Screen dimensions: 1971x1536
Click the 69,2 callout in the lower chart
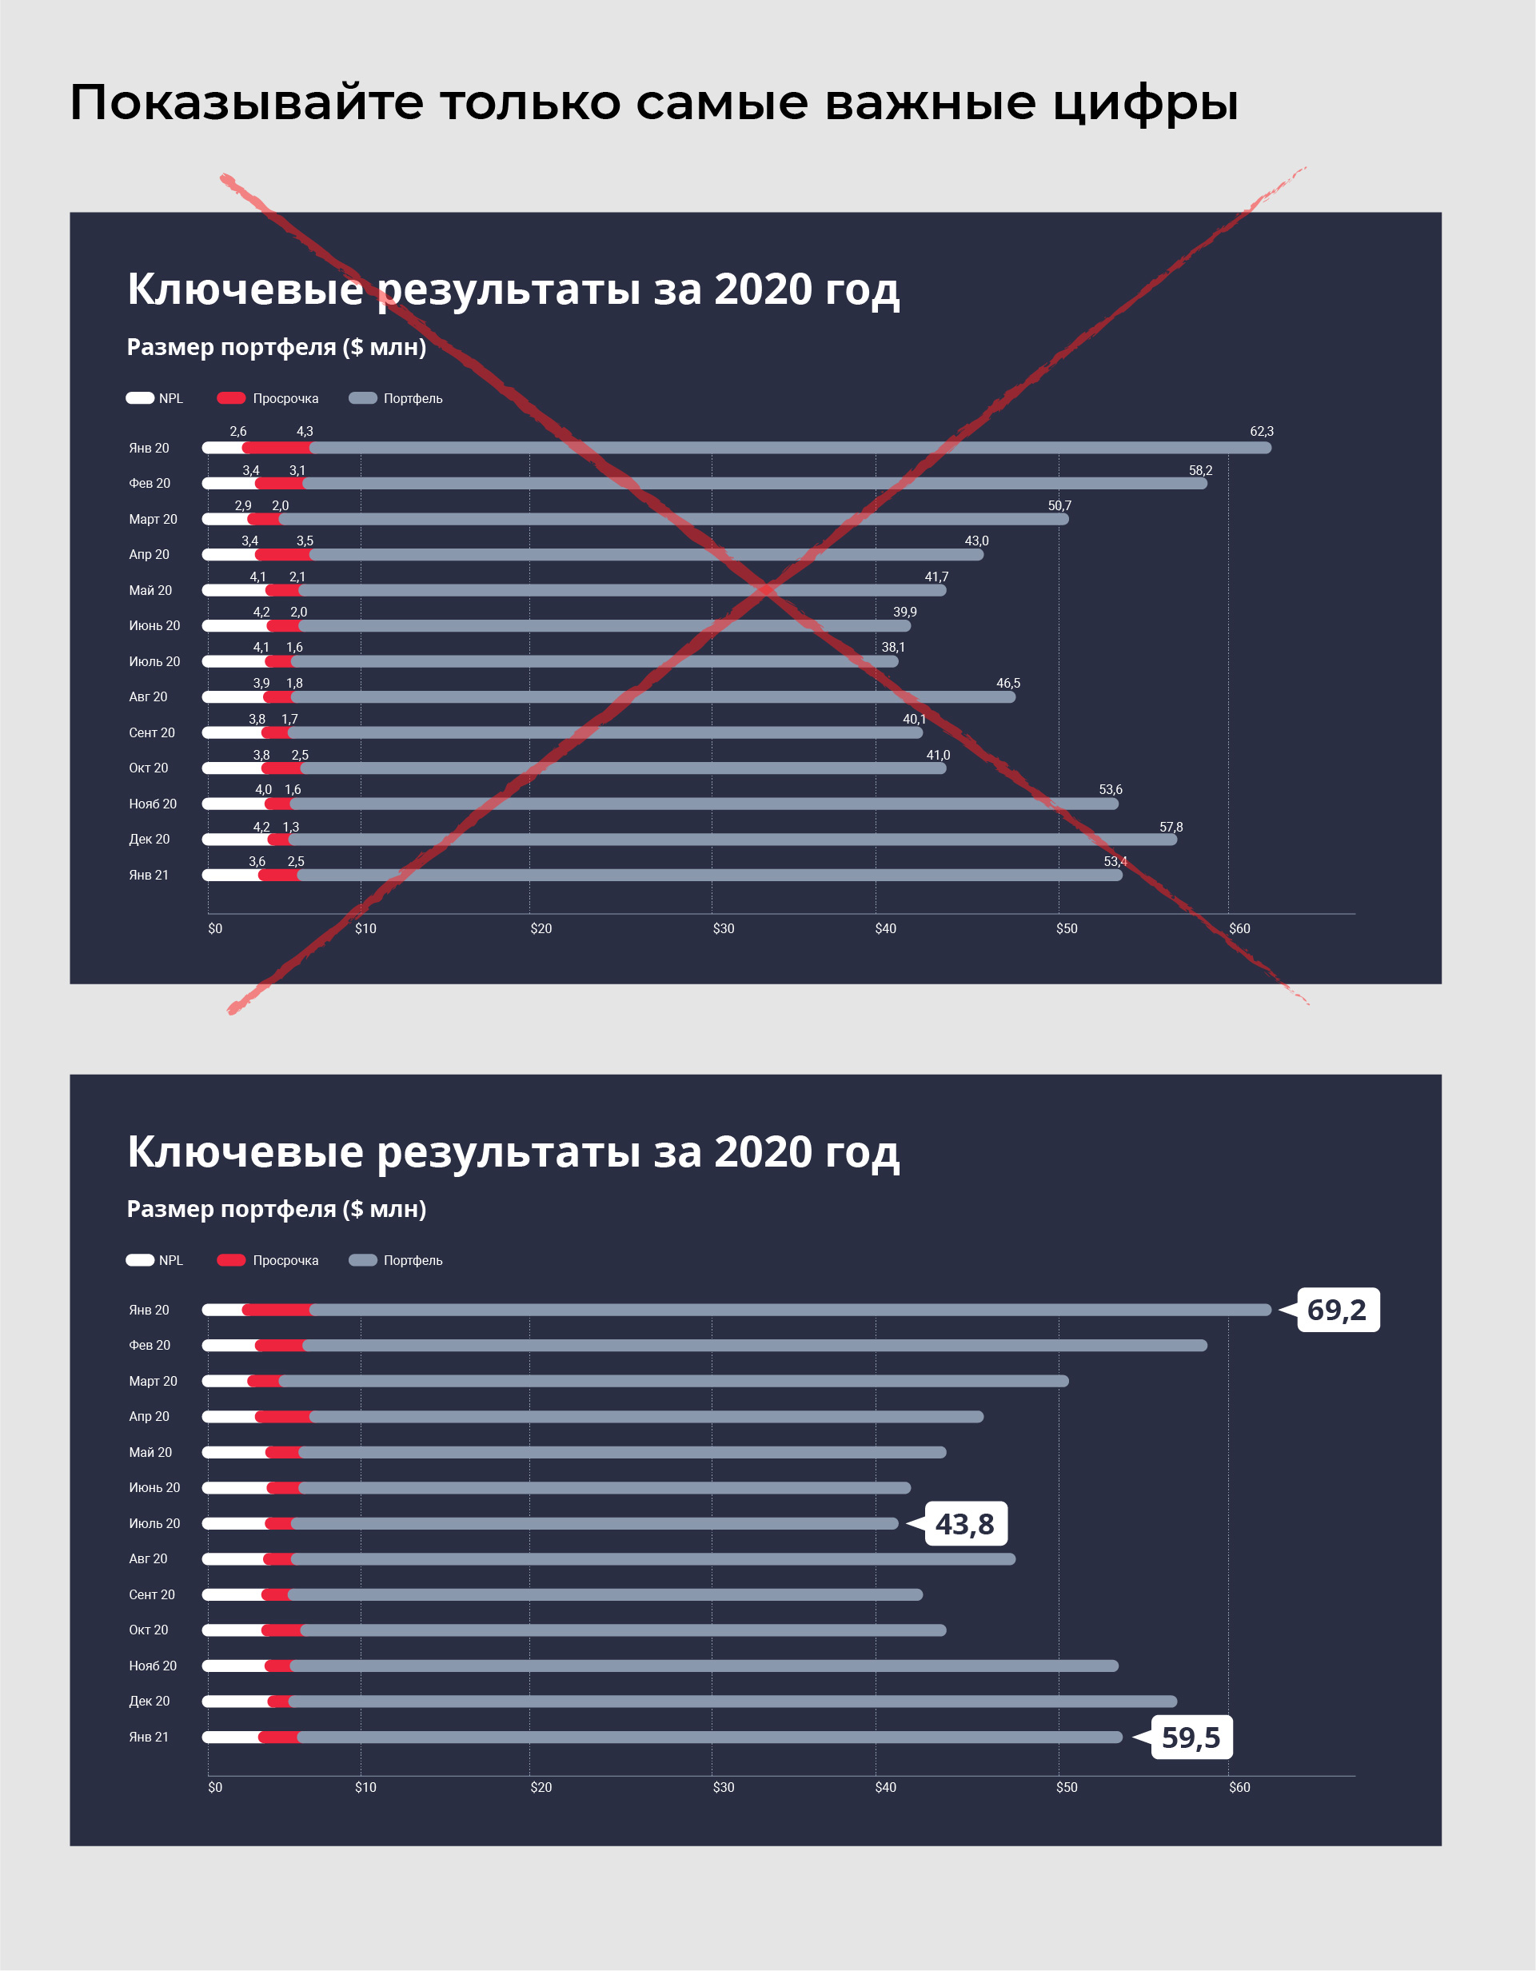click(1337, 1310)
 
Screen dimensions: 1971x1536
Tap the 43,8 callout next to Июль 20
click(965, 1524)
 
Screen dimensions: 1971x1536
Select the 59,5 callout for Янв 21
click(1191, 1738)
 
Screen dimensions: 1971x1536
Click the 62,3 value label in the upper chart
click(1262, 432)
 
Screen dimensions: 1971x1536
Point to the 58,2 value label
click(1200, 470)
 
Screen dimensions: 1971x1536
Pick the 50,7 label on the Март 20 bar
click(1059, 505)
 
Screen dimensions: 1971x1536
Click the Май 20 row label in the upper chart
click(150, 590)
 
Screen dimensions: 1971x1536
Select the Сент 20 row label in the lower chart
click(152, 1594)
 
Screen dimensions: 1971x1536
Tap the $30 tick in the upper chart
click(724, 928)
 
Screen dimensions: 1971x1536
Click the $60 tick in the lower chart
click(1239, 1787)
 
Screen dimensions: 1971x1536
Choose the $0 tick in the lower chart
click(215, 1787)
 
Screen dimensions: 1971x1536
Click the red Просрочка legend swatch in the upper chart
click(231, 398)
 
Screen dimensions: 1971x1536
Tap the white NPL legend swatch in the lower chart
click(140, 1260)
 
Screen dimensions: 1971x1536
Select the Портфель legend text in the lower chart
click(413, 1260)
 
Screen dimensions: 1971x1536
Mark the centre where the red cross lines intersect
click(766, 590)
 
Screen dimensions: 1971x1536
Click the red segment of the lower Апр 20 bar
click(283, 1417)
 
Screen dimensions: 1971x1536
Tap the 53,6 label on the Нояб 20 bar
click(1110, 790)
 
